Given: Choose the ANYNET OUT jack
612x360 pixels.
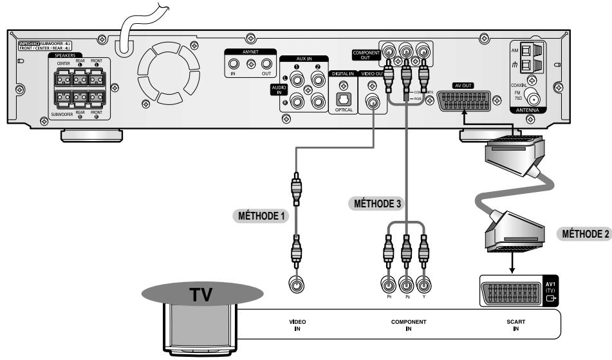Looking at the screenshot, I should (x=266, y=64).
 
